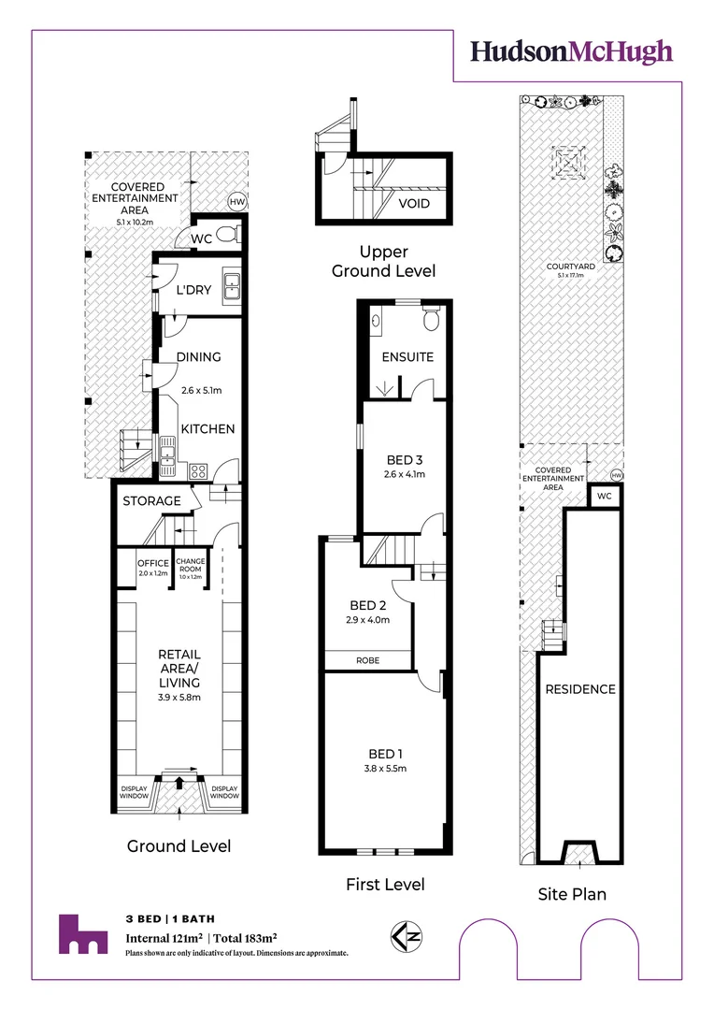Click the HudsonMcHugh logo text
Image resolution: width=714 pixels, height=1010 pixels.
[571, 52]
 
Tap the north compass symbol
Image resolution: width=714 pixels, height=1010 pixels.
[407, 936]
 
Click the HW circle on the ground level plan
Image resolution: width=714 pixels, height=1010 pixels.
[237, 202]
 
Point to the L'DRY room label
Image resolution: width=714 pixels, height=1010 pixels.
[193, 290]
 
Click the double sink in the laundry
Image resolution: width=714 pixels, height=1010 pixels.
[231, 288]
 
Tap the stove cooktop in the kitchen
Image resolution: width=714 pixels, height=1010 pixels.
[198, 471]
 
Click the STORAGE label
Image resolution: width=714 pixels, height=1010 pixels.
[152, 500]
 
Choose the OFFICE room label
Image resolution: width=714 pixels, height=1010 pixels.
[153, 563]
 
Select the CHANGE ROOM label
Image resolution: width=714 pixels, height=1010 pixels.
[191, 565]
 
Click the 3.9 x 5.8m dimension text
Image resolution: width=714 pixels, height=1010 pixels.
[179, 697]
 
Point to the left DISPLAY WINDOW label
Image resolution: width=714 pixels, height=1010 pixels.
[134, 792]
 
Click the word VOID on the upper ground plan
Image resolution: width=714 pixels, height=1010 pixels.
[414, 204]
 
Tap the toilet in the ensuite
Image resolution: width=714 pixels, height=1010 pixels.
[431, 317]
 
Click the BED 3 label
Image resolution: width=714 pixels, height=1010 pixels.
[405, 460]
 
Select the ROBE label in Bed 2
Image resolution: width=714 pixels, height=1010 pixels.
[367, 660]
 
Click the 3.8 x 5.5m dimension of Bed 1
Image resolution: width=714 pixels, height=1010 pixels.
[385, 768]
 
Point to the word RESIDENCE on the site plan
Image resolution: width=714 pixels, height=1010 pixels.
[580, 689]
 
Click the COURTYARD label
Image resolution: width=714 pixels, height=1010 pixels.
[570, 266]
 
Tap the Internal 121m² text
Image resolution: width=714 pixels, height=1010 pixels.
[164, 938]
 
